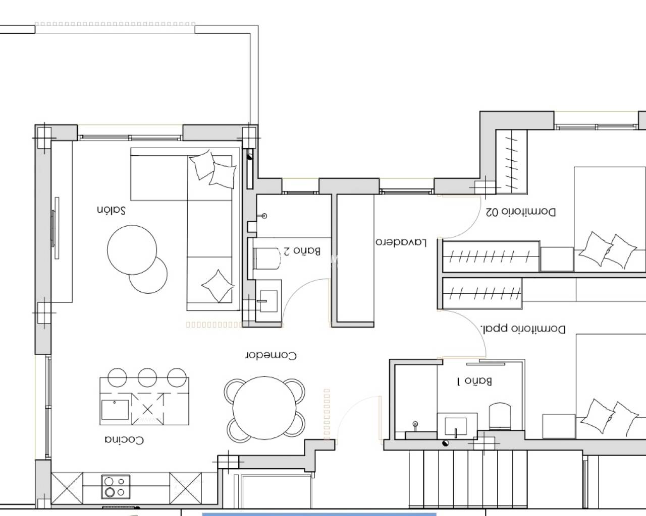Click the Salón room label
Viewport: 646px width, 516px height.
(x=111, y=210)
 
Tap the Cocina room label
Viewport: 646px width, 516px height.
(x=124, y=440)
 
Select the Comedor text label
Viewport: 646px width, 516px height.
(x=271, y=355)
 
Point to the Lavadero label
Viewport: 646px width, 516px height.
(x=401, y=242)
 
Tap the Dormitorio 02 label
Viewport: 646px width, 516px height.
(x=521, y=212)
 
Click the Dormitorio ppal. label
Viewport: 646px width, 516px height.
(x=523, y=330)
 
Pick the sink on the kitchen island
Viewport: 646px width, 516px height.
(x=116, y=410)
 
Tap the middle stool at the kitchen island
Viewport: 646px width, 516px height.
(x=147, y=377)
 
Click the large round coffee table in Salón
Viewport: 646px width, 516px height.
(x=132, y=249)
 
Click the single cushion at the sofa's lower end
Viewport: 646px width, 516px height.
(x=218, y=286)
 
